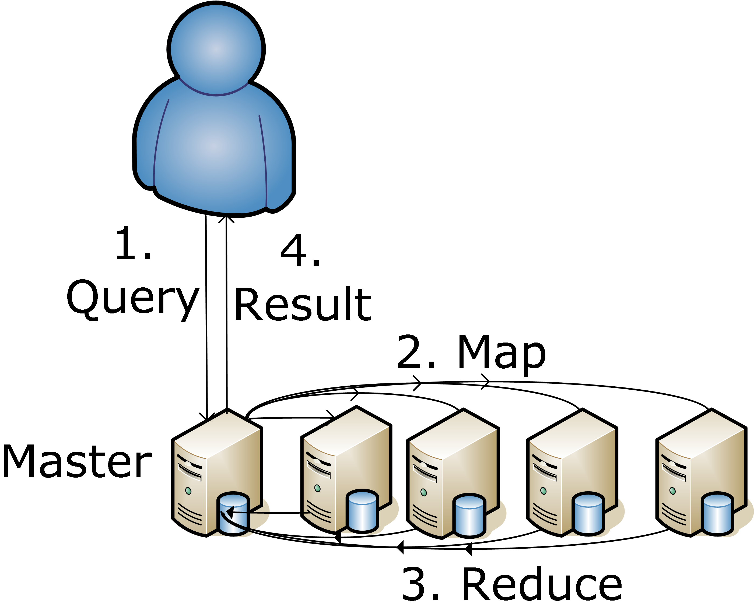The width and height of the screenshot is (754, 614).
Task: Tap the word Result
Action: pos(303,304)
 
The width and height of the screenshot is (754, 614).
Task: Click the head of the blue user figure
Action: pos(216,48)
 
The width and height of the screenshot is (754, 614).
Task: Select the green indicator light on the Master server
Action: pos(188,491)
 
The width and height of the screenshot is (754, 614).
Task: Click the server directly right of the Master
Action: pos(346,470)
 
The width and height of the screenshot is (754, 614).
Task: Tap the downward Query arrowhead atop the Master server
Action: pos(207,417)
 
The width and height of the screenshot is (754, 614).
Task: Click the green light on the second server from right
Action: pos(543,491)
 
